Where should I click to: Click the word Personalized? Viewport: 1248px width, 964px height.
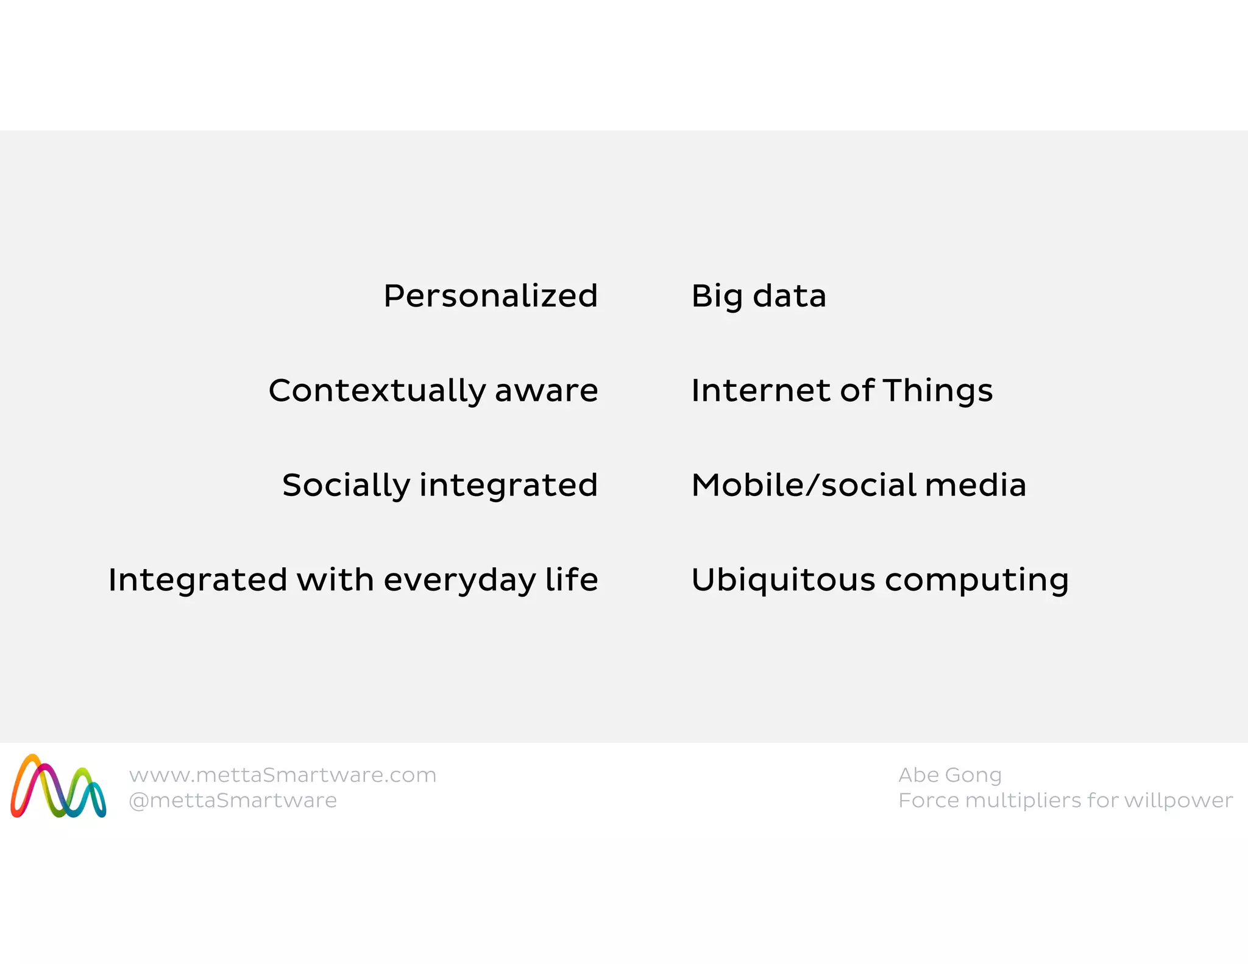pyautogui.click(x=491, y=296)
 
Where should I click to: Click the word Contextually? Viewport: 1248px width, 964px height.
pyautogui.click(x=377, y=391)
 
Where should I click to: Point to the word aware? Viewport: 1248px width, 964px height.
pyautogui.click(x=546, y=391)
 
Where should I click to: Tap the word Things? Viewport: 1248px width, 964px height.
pyautogui.click(x=938, y=391)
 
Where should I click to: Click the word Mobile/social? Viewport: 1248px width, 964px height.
pyautogui.click(x=803, y=486)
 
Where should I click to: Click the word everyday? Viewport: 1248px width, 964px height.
pyautogui.click(x=459, y=581)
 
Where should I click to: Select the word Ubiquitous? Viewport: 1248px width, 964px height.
pyautogui.click(x=783, y=581)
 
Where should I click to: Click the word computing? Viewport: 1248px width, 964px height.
pyautogui.click(x=977, y=581)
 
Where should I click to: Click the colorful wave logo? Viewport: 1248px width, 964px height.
pyautogui.click(x=58, y=787)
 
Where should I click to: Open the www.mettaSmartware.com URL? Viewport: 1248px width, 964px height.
pyautogui.click(x=283, y=775)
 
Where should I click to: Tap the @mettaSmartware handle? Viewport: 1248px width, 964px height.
pyautogui.click(x=233, y=801)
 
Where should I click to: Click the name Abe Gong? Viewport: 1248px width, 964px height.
pyautogui.click(x=949, y=775)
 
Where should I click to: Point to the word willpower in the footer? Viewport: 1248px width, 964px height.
pyautogui.click(x=1178, y=801)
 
